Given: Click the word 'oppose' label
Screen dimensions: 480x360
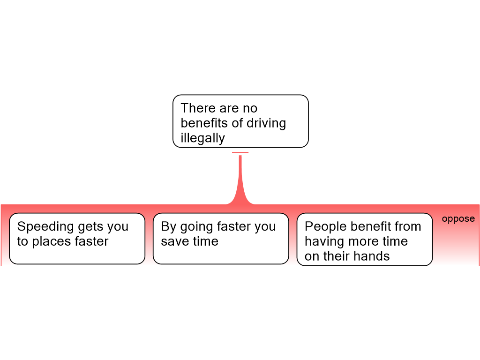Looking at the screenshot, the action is pos(458,219).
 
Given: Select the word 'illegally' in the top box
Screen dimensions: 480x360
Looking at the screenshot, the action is pos(202,138).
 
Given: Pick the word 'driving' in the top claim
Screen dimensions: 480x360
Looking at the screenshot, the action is pos(266,123).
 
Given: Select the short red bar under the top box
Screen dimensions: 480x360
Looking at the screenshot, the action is pos(240,152).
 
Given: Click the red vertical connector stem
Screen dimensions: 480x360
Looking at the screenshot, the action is pos(240,180).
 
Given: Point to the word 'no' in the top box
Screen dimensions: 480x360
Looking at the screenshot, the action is pos(250,109).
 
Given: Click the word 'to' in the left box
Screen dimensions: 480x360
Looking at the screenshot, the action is pos(22,242).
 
